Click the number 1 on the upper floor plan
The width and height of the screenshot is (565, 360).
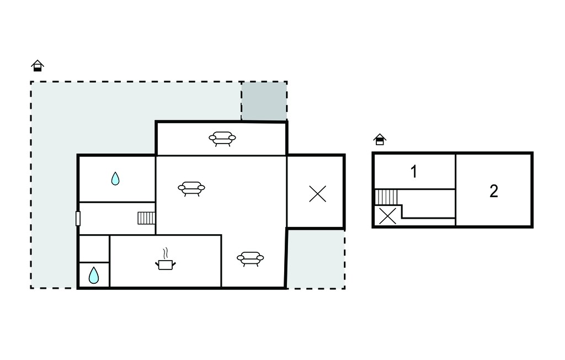(414, 172)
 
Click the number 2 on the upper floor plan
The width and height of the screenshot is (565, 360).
(494, 191)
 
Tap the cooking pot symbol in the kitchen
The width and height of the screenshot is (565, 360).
(166, 264)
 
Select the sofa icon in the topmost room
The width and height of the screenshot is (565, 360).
(222, 139)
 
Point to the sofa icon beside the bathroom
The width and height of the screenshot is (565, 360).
(191, 189)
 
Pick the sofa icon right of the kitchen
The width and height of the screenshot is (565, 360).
(250, 259)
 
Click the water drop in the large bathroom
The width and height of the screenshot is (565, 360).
(115, 178)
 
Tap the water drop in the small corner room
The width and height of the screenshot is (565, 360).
(94, 275)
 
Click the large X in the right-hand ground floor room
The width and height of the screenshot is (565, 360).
(318, 194)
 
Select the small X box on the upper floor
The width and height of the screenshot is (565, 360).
(388, 216)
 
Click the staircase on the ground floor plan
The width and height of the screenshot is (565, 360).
(146, 218)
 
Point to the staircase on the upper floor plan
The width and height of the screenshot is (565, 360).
(386, 197)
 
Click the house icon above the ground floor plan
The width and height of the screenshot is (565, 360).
(38, 66)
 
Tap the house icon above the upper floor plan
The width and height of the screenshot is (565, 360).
(380, 139)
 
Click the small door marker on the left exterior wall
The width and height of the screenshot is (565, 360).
(78, 219)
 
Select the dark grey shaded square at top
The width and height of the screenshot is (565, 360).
(264, 101)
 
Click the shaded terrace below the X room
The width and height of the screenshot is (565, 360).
(316, 259)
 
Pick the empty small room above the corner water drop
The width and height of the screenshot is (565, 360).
(94, 248)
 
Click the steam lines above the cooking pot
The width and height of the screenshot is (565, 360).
(166, 253)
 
